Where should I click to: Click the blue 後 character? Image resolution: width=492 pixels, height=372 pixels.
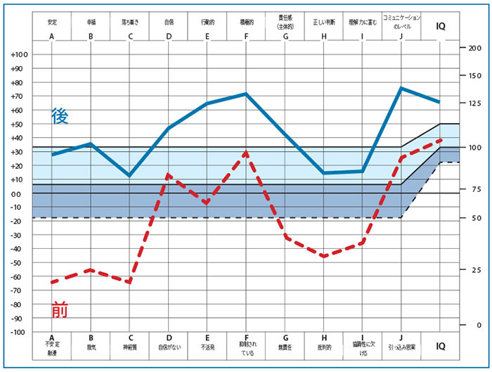coord(60,117)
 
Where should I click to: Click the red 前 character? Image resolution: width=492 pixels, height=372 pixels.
coord(61,309)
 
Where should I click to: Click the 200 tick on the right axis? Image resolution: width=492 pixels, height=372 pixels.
coord(475,48)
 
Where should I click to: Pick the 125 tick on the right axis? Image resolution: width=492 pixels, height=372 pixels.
coord(475,103)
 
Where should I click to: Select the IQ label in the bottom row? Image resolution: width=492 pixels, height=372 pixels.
coord(440,346)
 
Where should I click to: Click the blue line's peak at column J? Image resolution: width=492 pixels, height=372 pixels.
coord(401,88)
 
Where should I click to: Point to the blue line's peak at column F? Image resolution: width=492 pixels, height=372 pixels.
coord(246,94)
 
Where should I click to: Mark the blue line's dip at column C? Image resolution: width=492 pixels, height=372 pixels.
coord(129,175)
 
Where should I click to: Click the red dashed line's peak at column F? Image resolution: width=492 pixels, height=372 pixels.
coord(246,152)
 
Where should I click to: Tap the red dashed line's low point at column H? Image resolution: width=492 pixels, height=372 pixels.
coord(323,256)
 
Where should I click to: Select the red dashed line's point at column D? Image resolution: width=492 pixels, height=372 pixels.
coord(169,174)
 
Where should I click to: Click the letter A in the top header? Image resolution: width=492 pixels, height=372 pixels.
coord(52,37)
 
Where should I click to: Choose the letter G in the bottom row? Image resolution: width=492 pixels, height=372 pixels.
coord(285,338)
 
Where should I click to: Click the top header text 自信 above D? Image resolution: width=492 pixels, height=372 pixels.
coord(169,22)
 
